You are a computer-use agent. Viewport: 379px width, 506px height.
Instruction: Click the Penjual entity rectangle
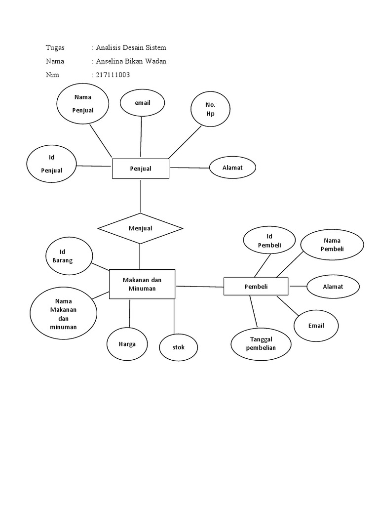click(141, 169)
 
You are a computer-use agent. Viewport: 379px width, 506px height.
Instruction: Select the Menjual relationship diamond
click(141, 228)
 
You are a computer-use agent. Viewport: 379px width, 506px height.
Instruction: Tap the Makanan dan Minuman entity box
click(142, 284)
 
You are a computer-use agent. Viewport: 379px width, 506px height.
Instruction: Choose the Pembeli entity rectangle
click(256, 287)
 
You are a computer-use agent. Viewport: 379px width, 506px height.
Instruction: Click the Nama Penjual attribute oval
click(82, 104)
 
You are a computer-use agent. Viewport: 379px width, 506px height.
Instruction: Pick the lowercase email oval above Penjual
click(142, 103)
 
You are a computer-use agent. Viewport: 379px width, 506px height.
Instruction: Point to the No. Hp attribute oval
click(210, 109)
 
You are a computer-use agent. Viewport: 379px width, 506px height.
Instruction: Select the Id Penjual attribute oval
click(51, 164)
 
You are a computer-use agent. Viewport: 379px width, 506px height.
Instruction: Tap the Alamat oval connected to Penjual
click(232, 168)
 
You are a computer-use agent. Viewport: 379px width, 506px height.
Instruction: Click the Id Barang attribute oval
click(69, 256)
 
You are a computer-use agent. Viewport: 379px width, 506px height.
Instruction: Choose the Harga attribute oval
click(127, 344)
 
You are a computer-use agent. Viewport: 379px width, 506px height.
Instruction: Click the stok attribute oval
click(178, 347)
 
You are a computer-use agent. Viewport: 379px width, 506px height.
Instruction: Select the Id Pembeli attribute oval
click(269, 240)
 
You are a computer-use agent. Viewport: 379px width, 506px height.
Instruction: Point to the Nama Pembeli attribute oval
click(332, 245)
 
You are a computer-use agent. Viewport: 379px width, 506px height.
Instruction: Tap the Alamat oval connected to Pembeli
click(333, 287)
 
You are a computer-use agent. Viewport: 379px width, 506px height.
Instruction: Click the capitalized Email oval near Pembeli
click(316, 326)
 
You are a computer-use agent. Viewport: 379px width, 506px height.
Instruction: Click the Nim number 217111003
click(113, 75)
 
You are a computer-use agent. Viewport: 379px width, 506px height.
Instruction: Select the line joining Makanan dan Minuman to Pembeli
click(200, 286)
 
